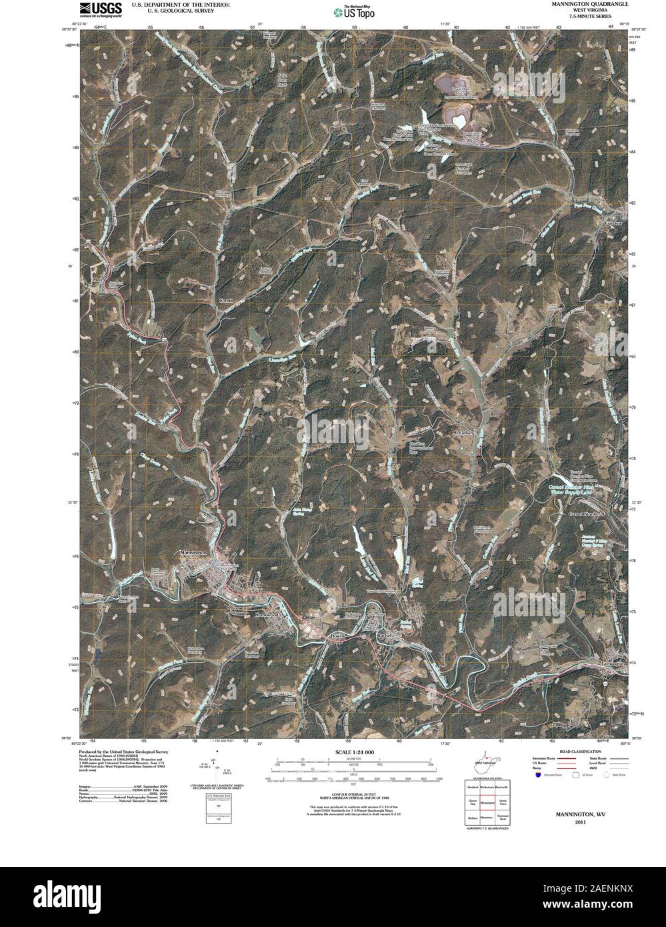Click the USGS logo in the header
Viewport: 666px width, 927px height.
pyautogui.click(x=100, y=9)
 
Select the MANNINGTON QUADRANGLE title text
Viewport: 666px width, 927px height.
pyautogui.click(x=589, y=4)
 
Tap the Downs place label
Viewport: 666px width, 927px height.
pyautogui.click(x=337, y=637)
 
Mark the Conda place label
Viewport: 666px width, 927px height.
pyautogui.click(x=227, y=301)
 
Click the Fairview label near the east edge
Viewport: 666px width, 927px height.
pyautogui.click(x=612, y=223)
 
